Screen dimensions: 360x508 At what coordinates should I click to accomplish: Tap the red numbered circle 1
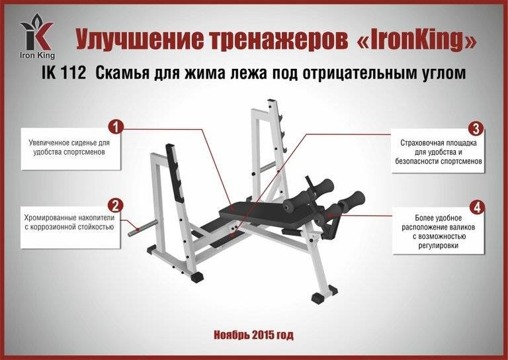coord(116,126)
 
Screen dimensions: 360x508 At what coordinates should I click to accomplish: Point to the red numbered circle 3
coord(476,128)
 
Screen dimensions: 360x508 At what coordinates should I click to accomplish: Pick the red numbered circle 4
coord(476,206)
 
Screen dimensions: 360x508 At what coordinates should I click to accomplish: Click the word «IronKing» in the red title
coord(416,42)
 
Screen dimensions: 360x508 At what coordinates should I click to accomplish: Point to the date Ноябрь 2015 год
coord(253,335)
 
